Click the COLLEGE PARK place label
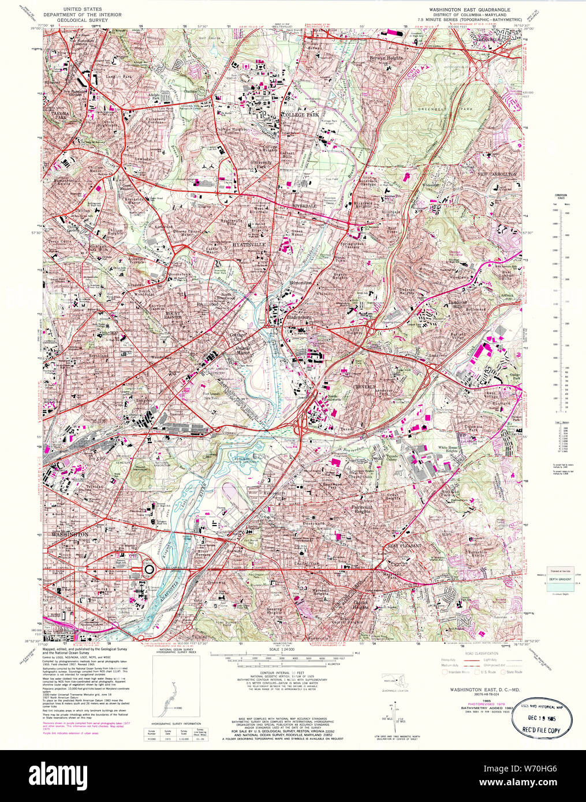pos(299,115)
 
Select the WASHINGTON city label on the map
pos(70,535)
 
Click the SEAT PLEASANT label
pos(405,545)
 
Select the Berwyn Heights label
pos(389,58)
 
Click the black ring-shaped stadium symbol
pos(149,569)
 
